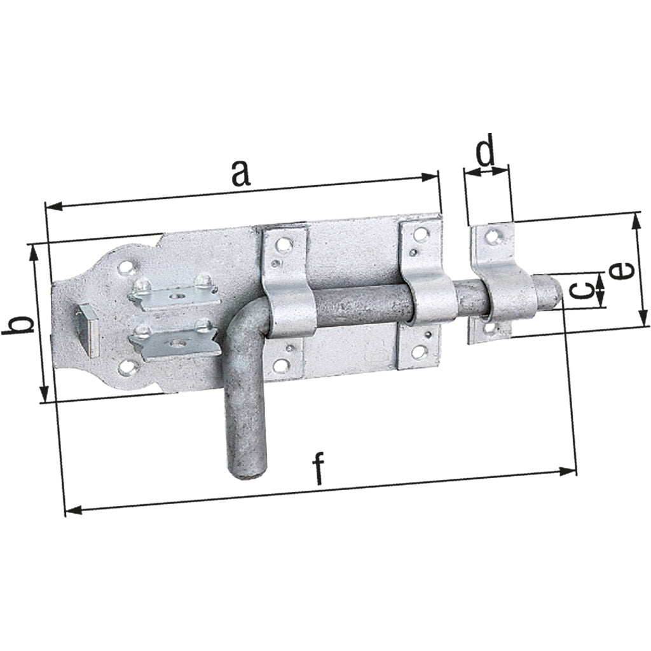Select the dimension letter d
click(x=486, y=153)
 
